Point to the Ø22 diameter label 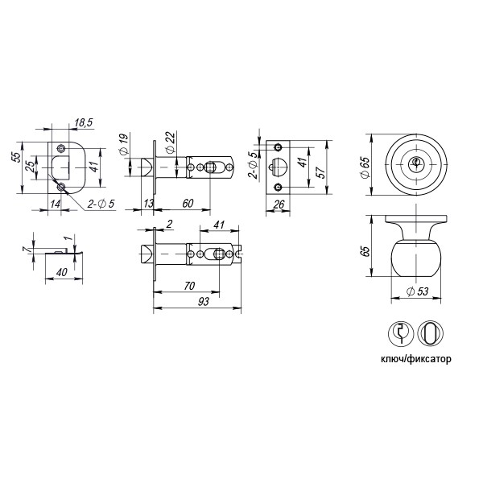pyautogui.click(x=171, y=145)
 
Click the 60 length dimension pyautogui.click(x=186, y=203)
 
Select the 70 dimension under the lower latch pyautogui.click(x=190, y=285)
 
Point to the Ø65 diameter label pyautogui.click(x=364, y=164)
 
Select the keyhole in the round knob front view pyautogui.click(x=417, y=163)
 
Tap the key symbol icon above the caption pyautogui.click(x=402, y=333)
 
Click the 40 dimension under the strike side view pyautogui.click(x=61, y=272)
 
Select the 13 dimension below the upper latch pyautogui.click(x=149, y=203)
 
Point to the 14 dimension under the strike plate pyautogui.click(x=55, y=204)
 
